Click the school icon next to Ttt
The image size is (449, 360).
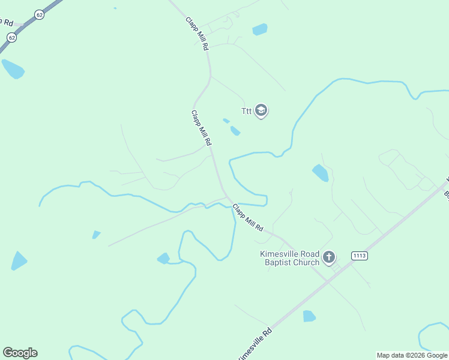pos(261,111)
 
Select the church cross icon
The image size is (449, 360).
pos(328,258)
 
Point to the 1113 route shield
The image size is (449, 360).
pos(359,256)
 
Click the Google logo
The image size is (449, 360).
pos(20,353)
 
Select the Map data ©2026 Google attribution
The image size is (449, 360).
pos(412,355)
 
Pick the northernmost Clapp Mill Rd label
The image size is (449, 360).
pos(196,33)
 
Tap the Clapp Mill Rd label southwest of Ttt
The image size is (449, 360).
pos(201,128)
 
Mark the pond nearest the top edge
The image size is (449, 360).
pos(260,29)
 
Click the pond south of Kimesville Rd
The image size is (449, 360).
pos(309,316)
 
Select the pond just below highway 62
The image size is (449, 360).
pos(13,69)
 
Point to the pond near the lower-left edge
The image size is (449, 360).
pos(19,261)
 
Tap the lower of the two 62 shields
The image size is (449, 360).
pos(11,37)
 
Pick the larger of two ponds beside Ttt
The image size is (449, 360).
pos(235,131)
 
